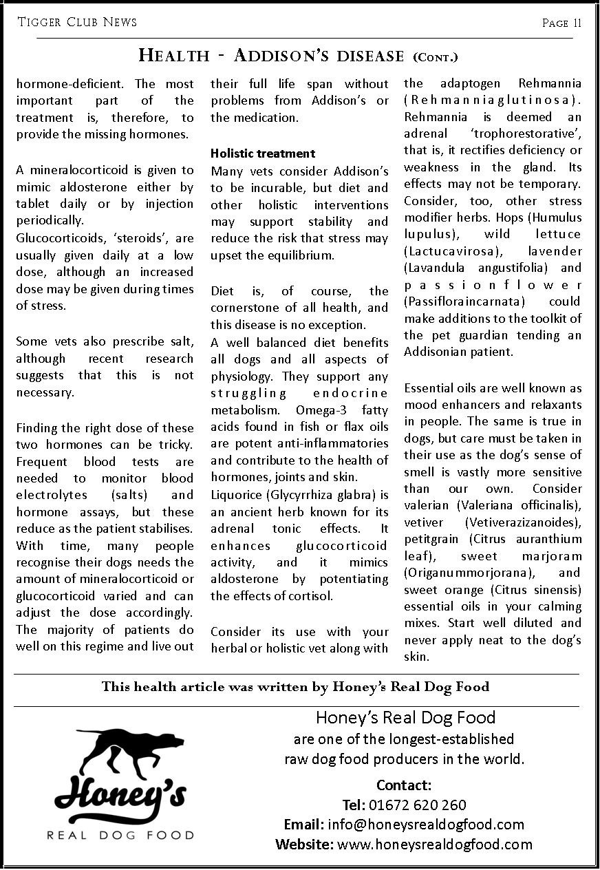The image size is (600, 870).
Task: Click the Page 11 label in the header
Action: pos(561,23)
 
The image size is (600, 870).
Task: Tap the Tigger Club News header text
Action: pos(77,23)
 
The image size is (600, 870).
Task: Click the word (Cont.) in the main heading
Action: pos(435,56)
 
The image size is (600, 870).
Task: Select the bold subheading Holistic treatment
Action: pos(263,153)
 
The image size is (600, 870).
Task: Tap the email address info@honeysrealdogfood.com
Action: pos(426,825)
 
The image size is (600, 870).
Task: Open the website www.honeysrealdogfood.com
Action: pos(435,845)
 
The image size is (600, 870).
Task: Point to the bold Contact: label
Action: pos(404,785)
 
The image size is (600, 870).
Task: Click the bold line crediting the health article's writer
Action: pos(295,686)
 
